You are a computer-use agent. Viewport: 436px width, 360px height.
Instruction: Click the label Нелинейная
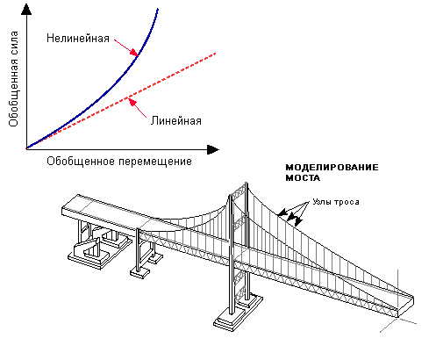coord(78,39)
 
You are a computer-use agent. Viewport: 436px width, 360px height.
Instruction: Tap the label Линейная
coord(176,121)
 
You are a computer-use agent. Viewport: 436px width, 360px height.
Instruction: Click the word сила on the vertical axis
coord(13,47)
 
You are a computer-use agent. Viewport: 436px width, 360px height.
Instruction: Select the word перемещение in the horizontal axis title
coord(155,162)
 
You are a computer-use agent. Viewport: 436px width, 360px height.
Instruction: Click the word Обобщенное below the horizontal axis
coord(81,162)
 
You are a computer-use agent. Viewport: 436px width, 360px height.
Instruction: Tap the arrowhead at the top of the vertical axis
coord(26,9)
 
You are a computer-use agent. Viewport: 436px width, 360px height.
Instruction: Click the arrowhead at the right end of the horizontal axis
coord(213,149)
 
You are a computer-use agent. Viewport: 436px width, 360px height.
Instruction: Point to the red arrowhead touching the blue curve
coord(134,53)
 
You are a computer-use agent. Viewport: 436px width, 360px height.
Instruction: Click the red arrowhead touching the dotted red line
coord(132,102)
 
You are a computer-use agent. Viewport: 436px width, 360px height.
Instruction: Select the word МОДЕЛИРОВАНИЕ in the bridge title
coord(332,168)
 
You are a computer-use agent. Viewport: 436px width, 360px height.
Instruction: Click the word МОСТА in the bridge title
coord(303,177)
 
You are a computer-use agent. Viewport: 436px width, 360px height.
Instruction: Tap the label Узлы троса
coord(336,202)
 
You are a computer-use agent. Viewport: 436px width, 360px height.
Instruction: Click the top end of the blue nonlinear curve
coord(158,9)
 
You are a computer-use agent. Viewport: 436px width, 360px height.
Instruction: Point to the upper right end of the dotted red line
coord(215,54)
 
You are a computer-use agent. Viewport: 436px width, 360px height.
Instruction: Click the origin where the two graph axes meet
coord(26,149)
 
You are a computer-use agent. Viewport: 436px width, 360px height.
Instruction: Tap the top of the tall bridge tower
coord(246,184)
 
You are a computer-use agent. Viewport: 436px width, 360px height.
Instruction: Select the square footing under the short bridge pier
coord(139,272)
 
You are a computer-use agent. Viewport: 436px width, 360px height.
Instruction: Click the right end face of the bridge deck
coord(406,306)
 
